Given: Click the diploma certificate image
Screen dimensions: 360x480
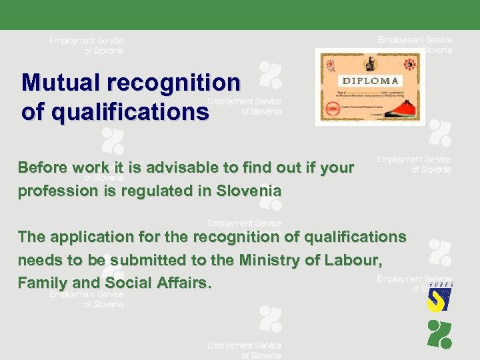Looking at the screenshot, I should (370, 87).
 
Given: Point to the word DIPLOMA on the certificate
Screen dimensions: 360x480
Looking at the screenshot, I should (371, 81).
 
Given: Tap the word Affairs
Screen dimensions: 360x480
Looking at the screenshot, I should (183, 283).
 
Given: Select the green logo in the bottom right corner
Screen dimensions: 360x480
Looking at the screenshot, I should (439, 334).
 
